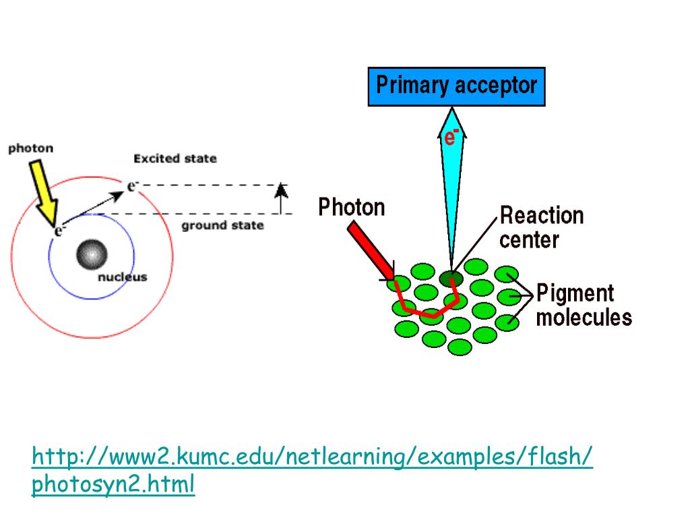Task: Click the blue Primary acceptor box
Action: click(456, 87)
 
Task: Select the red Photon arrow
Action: click(369, 250)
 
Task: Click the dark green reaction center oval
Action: click(451, 277)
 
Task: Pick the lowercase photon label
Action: click(30, 148)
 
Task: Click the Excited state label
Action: click(175, 159)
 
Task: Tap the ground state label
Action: click(222, 225)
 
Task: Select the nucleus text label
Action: click(122, 277)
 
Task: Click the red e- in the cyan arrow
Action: click(451, 137)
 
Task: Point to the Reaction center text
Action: click(541, 227)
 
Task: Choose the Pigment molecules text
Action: click(584, 306)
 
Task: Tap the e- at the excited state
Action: click(132, 186)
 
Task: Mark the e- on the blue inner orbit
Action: click(59, 231)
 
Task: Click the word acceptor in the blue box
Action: click(495, 86)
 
